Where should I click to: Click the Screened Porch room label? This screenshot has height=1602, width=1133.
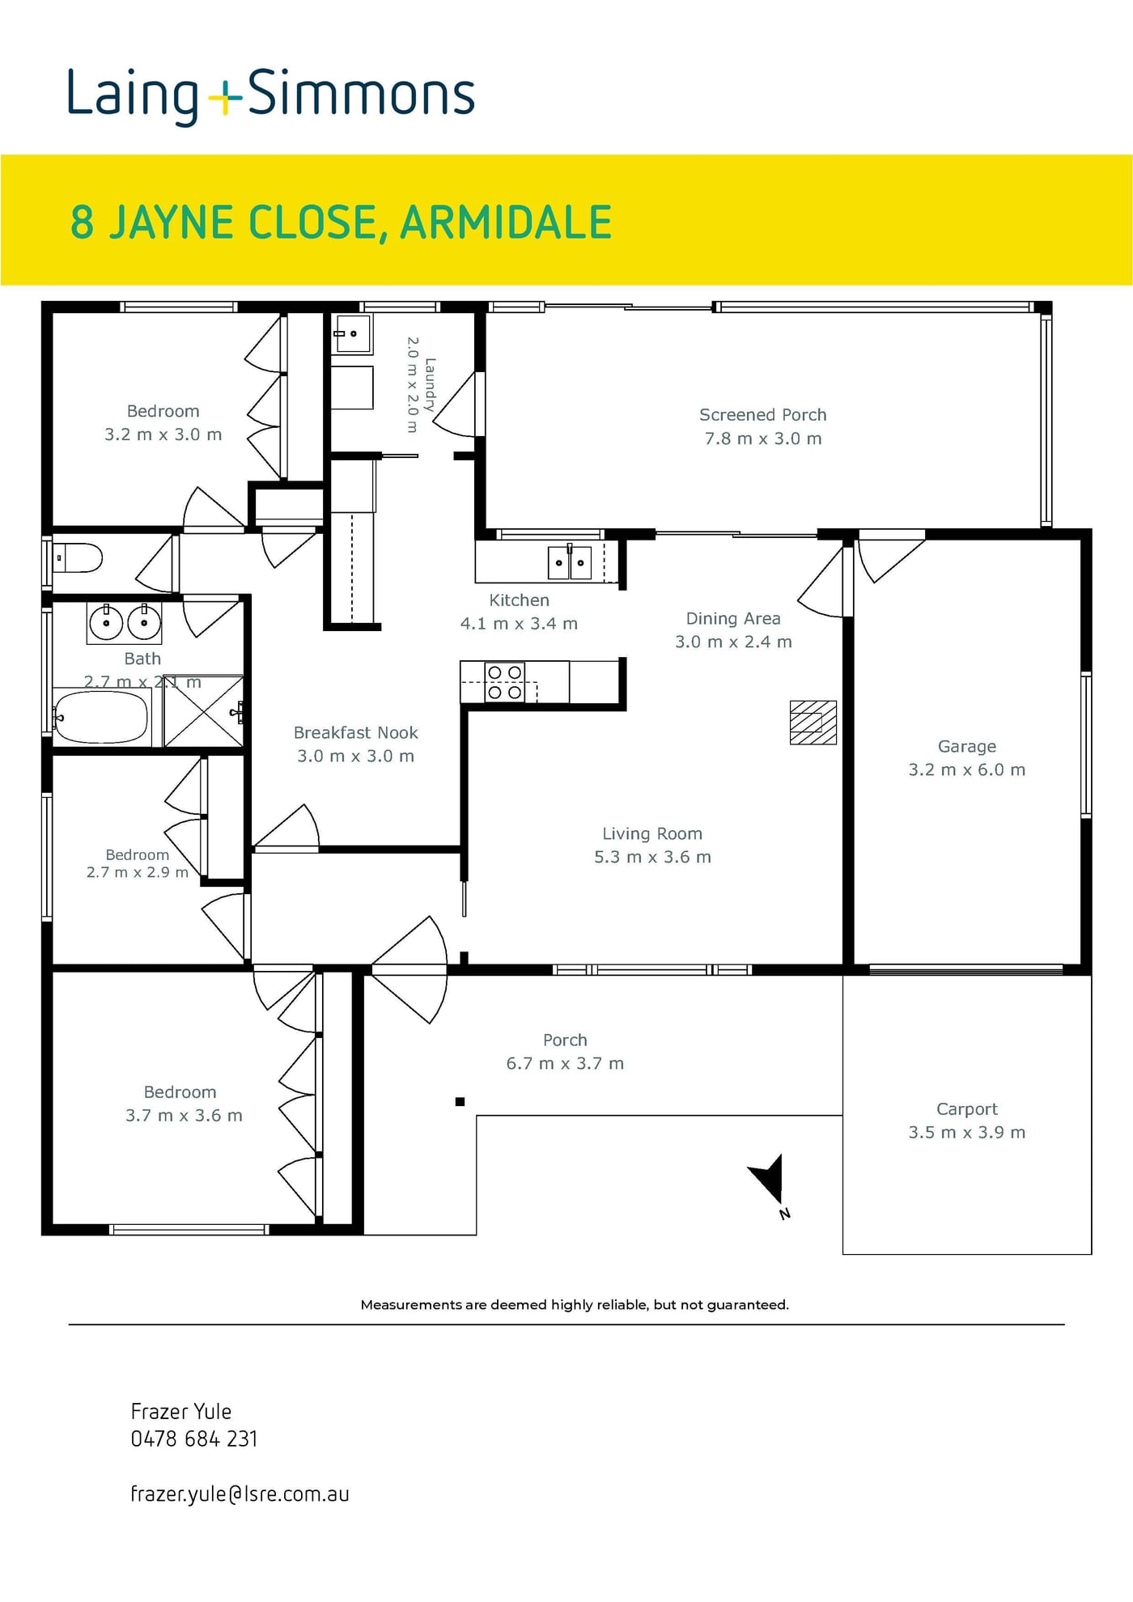coord(763,415)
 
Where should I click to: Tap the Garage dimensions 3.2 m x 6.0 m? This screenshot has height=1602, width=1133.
coord(967,769)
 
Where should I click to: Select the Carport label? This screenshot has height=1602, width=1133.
coord(967,1109)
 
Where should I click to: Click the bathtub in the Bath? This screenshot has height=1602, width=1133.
coord(101,716)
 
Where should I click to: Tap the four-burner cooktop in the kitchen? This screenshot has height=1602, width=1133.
coord(504,681)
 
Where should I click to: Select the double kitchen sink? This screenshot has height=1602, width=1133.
coord(570,562)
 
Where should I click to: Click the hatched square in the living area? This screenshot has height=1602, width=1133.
coord(813,723)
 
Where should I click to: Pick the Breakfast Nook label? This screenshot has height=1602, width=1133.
coord(356,733)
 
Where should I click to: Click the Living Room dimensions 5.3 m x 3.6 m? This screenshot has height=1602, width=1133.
coord(652,857)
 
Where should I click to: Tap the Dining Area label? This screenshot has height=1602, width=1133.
coord(733,619)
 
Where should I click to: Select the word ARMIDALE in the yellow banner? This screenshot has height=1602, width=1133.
coord(506,222)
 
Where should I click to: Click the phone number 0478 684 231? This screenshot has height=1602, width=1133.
coord(194,1439)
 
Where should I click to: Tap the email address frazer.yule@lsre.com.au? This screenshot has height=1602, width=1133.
coord(240,1494)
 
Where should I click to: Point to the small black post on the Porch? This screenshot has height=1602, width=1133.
coord(460,1101)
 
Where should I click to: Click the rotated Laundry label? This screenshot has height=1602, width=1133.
coord(430,385)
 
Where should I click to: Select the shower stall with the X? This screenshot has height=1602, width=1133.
coord(203,711)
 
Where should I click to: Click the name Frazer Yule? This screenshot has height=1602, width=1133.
coord(181,1412)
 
